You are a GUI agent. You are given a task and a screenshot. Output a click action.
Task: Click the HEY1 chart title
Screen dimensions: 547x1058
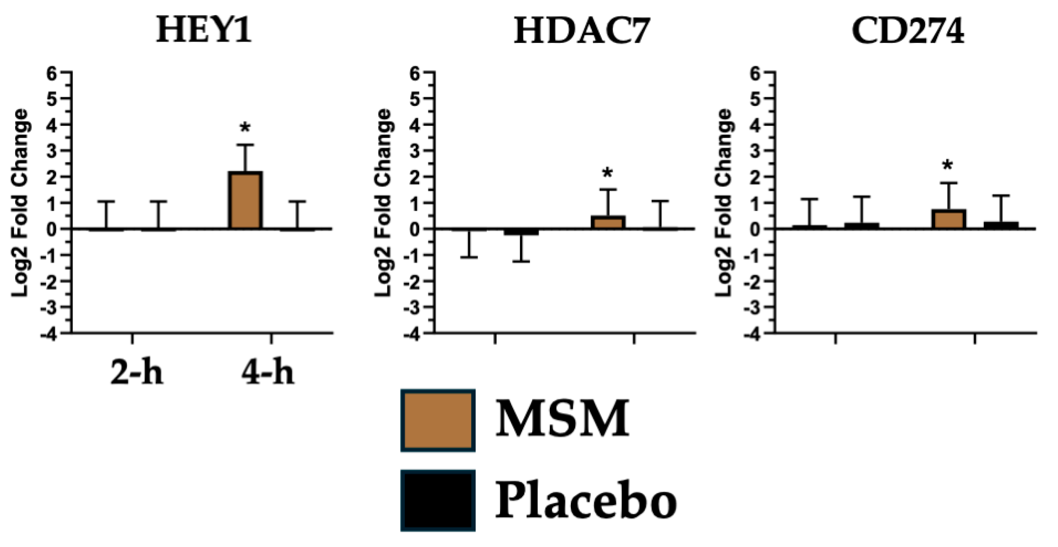pyautogui.click(x=204, y=31)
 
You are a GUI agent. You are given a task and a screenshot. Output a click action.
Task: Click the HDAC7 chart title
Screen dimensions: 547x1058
pyautogui.click(x=582, y=31)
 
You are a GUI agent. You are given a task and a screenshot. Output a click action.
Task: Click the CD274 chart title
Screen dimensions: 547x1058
pyautogui.click(x=908, y=31)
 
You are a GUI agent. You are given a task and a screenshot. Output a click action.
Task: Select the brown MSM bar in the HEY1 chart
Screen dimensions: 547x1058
pyautogui.click(x=245, y=200)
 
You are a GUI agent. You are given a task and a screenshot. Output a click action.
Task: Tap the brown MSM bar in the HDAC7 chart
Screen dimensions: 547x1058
pyautogui.click(x=608, y=222)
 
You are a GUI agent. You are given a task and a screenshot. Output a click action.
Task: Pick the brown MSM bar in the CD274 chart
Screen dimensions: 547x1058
pyautogui.click(x=948, y=219)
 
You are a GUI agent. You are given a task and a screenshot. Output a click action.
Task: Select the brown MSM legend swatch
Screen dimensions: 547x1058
pyautogui.click(x=438, y=420)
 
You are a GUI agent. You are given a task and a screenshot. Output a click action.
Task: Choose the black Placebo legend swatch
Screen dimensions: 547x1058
pyautogui.click(x=438, y=500)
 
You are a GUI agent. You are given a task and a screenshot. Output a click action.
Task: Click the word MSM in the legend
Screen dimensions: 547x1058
pyautogui.click(x=563, y=419)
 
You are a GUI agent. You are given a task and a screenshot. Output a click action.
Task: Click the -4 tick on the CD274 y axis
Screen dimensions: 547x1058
pyautogui.click(x=752, y=334)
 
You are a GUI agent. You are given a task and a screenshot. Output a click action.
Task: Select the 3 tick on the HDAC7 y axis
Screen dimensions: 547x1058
pyautogui.click(x=414, y=151)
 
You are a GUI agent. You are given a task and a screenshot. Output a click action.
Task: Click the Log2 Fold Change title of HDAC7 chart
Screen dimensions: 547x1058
pyautogui.click(x=384, y=203)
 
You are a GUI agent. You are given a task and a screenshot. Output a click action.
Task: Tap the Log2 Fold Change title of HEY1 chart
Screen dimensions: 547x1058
pyautogui.click(x=20, y=203)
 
